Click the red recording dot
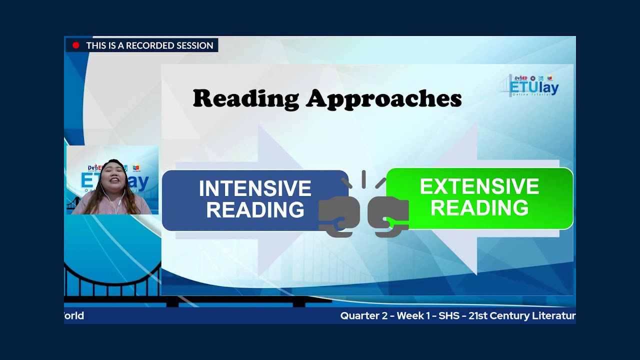click(x=76, y=45)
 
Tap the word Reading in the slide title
click(x=245, y=98)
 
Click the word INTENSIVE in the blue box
click(x=255, y=189)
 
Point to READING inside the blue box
click(x=255, y=210)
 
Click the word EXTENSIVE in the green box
click(x=479, y=187)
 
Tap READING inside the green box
click(x=479, y=208)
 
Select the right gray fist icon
click(x=388, y=215)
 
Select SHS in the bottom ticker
click(x=449, y=316)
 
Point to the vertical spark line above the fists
click(x=363, y=178)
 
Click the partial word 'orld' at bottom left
click(x=74, y=316)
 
